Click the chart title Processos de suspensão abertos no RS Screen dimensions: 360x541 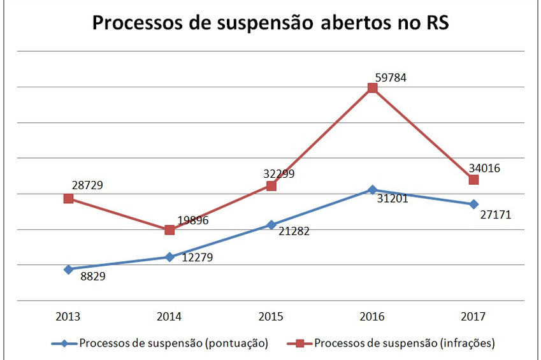[271, 23]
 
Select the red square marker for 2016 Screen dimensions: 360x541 [372, 88]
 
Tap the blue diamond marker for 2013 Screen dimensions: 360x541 [68, 269]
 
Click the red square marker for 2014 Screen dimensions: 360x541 [170, 230]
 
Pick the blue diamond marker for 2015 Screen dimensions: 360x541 [271, 225]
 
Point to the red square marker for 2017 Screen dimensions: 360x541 [473, 180]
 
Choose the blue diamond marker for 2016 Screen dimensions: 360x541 [372, 190]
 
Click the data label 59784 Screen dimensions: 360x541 [390, 78]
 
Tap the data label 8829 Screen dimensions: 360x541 [93, 277]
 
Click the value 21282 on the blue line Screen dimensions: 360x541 [294, 231]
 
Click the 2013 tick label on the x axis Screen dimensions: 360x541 [68, 317]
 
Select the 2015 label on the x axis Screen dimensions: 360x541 [271, 317]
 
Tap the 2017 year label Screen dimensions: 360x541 [473, 317]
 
